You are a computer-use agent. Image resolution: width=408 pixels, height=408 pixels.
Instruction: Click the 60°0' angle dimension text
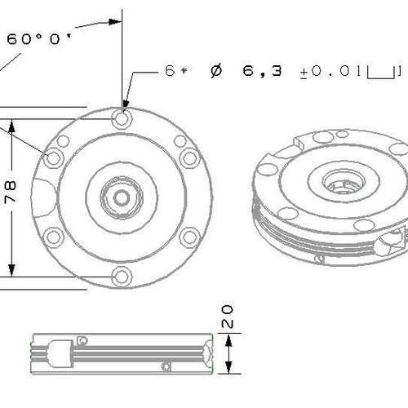point(38,39)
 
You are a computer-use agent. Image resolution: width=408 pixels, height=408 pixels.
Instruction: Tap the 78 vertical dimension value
point(11,193)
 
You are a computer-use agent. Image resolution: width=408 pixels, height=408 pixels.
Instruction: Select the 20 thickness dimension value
point(228,317)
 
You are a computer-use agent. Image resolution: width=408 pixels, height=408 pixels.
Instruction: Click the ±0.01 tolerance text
point(330,71)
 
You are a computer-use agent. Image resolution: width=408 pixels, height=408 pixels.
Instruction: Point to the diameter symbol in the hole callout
point(216,71)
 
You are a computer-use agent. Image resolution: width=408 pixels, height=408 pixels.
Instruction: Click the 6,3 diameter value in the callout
point(262,71)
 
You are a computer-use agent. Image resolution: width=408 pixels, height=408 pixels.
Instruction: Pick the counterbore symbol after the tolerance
point(380,73)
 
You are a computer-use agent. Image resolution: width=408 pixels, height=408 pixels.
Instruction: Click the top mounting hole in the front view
point(122,118)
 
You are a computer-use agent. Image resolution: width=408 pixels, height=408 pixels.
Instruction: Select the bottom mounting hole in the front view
point(122,277)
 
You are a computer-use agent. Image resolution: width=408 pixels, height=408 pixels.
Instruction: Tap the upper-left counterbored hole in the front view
point(54,157)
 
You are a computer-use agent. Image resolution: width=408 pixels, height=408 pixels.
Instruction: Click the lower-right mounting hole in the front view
point(190,237)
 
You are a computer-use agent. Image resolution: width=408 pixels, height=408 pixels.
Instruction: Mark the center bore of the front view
point(122,198)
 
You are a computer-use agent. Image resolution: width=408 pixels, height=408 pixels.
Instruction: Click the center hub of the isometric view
point(344,182)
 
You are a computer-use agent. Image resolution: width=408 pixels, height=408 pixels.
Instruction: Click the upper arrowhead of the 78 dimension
point(11,127)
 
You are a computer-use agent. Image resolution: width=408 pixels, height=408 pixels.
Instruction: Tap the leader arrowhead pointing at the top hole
point(125,104)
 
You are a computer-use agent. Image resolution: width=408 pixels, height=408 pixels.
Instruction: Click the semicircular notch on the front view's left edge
point(43,197)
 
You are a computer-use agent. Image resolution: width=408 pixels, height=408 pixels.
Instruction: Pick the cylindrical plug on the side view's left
point(60,353)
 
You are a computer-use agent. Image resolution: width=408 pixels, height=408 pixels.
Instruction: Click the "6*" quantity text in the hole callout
point(176,71)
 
